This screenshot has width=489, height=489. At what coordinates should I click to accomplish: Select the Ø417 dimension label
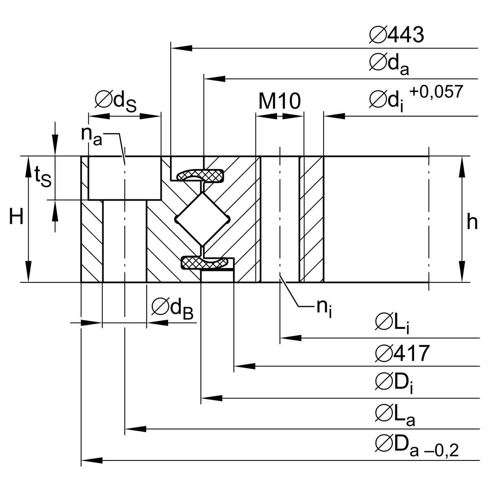tap(402, 353)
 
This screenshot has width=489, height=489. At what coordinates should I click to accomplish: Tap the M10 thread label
tap(280, 101)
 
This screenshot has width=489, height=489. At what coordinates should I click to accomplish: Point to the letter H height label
tap(16, 218)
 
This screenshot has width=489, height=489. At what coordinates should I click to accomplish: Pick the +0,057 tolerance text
tap(436, 92)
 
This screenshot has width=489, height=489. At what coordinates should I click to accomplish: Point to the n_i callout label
tap(324, 308)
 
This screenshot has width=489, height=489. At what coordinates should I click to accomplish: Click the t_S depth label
tap(42, 176)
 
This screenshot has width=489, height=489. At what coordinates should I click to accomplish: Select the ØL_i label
tap(392, 324)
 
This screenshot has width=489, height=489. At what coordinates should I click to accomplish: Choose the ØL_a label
tap(394, 414)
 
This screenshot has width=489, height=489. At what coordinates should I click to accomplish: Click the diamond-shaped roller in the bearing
tap(201, 219)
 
